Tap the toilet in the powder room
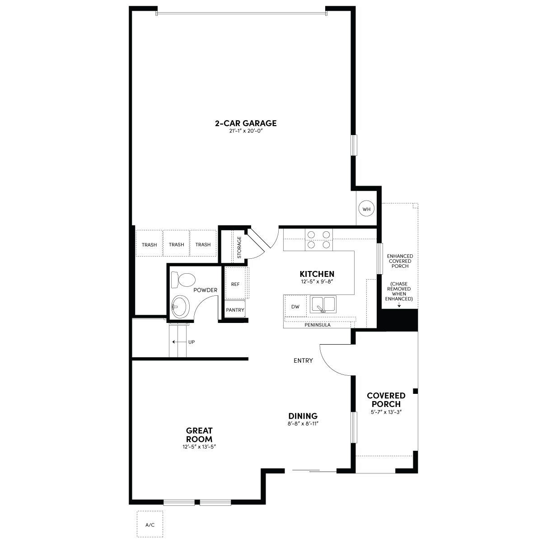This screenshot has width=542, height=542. tap(183, 280)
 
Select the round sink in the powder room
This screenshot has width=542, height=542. tap(180, 307)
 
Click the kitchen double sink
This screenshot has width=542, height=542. tap(323, 304)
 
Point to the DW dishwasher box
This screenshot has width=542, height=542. tap(295, 306)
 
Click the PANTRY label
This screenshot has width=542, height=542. tap(235, 310)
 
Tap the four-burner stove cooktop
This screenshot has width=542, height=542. tap(319, 240)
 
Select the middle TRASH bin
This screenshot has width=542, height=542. tap(176, 243)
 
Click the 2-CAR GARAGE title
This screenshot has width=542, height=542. tap(246, 123)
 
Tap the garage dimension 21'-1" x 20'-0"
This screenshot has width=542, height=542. tap(246, 131)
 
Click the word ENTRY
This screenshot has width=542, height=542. tap(303, 360)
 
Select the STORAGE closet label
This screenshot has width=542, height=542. tap(239, 247)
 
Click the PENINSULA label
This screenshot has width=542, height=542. tap(318, 325)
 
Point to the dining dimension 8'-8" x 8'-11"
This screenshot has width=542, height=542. tap(303, 424)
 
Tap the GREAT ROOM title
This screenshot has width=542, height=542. tap(199, 435)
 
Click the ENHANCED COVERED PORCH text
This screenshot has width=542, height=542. tap(400, 261)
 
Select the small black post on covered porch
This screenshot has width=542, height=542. tap(415, 391)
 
